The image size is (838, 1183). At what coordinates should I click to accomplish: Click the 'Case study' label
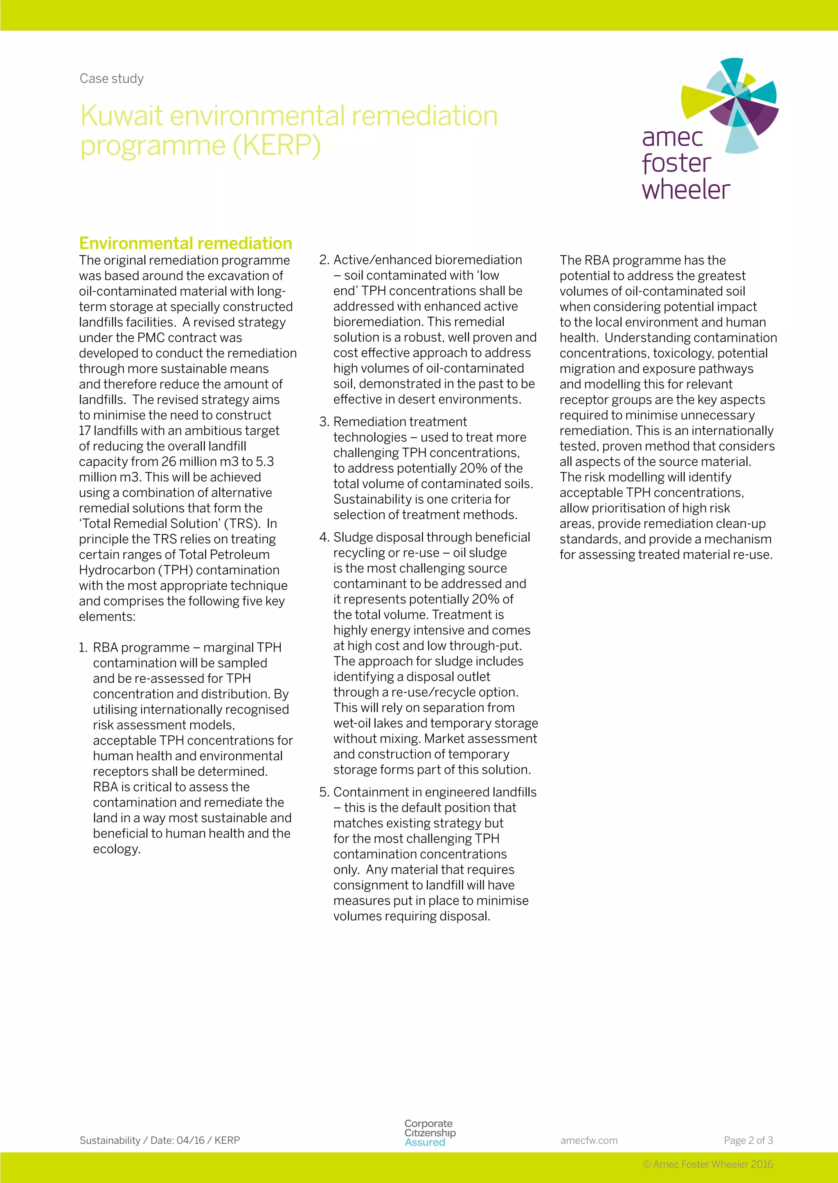111,79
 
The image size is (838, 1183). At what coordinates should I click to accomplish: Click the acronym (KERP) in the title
277,146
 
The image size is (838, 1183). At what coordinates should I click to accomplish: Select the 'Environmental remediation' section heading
185,243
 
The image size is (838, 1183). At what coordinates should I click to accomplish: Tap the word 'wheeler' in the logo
686,189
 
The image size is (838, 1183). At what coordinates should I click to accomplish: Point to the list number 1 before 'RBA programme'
83,647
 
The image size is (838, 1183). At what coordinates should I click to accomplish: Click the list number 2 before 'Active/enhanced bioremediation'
324,260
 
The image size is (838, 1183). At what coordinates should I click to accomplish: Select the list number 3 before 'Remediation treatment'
324,422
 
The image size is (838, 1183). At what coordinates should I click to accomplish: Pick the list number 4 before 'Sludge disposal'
324,538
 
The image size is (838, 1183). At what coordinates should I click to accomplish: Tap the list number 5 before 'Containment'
324,793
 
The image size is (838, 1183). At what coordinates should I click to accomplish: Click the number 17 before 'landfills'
85,431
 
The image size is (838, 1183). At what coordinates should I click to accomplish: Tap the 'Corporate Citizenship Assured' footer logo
429,1133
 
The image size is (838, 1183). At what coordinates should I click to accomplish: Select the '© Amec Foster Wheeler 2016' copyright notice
707,1165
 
